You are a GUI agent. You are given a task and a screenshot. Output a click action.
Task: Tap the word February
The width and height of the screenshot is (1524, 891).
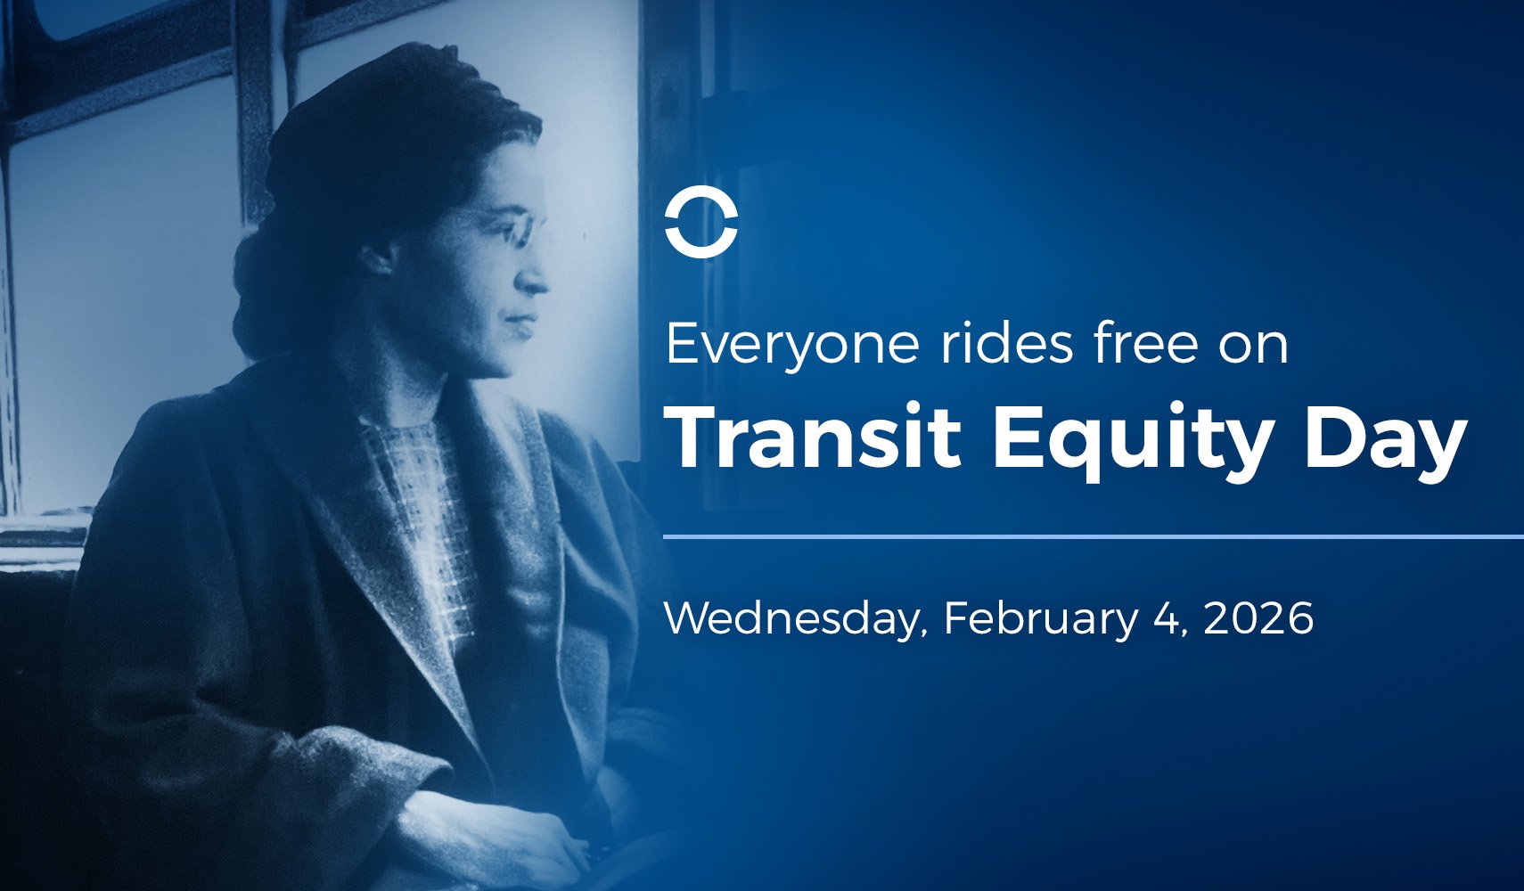pos(1040,619)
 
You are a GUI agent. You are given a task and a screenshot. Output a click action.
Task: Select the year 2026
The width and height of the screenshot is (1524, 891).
pos(1258,619)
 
